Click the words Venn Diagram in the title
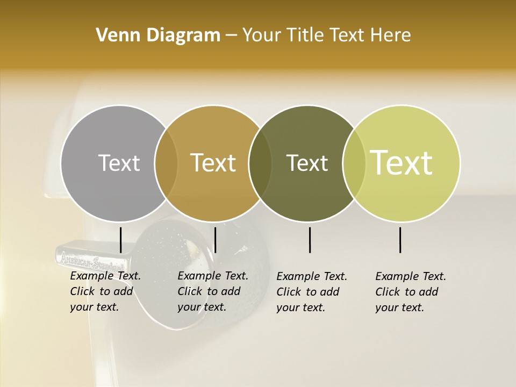[158, 35]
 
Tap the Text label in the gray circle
[119, 163]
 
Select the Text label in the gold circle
[213, 163]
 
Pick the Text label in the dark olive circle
[307, 163]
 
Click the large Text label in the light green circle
[402, 163]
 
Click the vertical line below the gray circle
[120, 240]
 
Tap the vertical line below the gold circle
[215, 240]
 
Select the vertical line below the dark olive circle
[310, 240]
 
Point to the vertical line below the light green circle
[400, 240]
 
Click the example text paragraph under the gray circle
[105, 291]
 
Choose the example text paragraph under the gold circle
[212, 291]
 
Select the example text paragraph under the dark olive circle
[311, 292]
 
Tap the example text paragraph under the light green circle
[410, 292]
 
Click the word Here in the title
[391, 35]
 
